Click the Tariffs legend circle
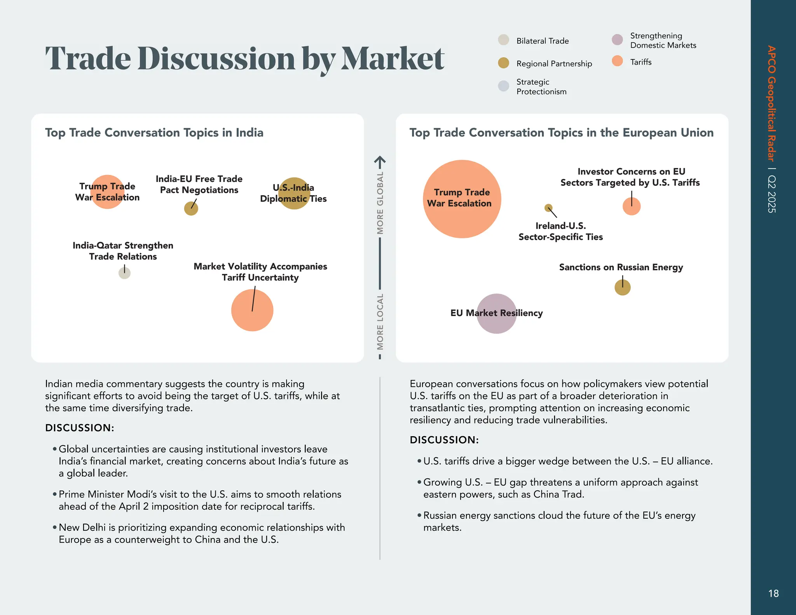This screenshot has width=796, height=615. click(617, 61)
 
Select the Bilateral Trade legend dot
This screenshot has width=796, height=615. click(503, 40)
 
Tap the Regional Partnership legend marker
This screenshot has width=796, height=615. click(503, 63)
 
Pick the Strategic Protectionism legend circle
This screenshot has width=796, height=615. click(503, 86)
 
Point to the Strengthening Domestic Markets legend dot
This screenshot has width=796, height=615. click(617, 40)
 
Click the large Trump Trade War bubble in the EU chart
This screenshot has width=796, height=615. click(462, 199)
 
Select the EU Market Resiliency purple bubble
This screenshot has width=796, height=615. click(496, 313)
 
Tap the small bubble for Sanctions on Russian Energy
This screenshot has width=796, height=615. click(622, 288)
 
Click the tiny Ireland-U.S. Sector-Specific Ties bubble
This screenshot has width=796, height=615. click(548, 208)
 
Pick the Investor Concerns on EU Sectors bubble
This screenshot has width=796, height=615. click(631, 206)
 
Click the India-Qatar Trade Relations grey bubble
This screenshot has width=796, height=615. click(124, 273)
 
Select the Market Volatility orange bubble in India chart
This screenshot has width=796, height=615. click(252, 310)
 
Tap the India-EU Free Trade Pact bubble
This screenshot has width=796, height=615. click(191, 209)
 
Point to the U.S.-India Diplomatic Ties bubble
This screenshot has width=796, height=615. click(294, 193)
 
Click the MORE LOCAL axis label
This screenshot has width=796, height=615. click(380, 321)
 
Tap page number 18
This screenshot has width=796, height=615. click(773, 593)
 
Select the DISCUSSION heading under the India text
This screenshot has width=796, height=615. click(80, 428)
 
